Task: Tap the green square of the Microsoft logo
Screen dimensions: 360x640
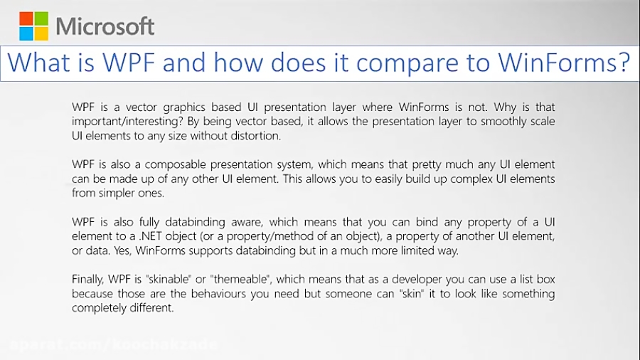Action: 41,18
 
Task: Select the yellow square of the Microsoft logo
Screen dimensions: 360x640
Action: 41,33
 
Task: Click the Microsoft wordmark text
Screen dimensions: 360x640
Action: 105,26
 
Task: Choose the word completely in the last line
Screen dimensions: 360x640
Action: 102,307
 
